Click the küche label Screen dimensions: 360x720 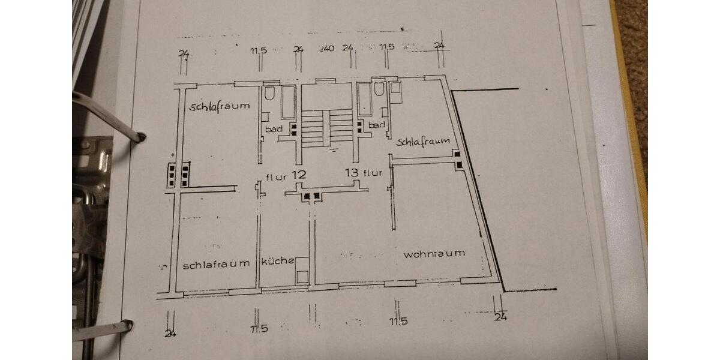[277, 261]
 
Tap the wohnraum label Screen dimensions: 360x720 [434, 254]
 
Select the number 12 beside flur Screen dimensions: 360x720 [299, 176]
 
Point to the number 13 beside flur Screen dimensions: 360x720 [352, 173]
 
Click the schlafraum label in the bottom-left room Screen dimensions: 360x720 [216, 264]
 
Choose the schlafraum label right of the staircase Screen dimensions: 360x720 [423, 142]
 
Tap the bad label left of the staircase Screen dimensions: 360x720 [274, 129]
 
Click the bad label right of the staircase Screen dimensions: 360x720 [377, 125]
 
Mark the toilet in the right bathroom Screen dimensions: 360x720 [379, 91]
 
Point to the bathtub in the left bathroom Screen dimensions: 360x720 [288, 102]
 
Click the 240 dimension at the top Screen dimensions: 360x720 [327, 48]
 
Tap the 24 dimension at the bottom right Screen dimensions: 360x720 [500, 317]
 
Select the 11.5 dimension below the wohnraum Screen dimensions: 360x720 [398, 321]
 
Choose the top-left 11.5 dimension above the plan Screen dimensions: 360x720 [259, 50]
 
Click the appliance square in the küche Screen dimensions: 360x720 [302, 276]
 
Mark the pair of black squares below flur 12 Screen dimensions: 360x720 [312, 196]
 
